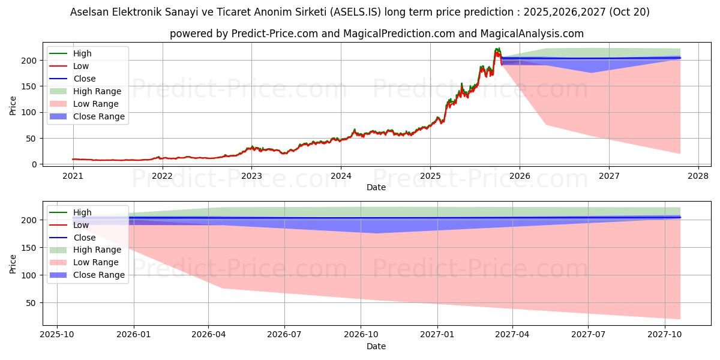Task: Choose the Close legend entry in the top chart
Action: [84, 79]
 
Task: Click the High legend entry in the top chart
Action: [82, 53]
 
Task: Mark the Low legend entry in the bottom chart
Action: [81, 225]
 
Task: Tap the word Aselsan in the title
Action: [89, 12]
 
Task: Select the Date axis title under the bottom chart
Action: [376, 346]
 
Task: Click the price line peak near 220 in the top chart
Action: [497, 49]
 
